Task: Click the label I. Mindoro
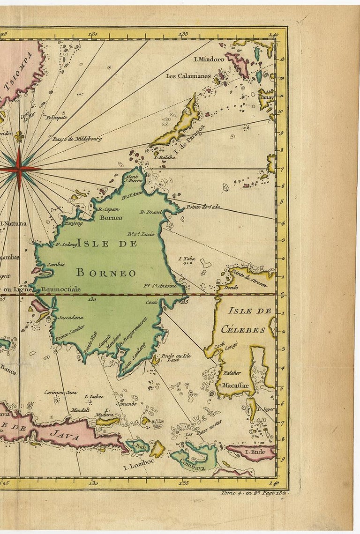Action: click(x=209, y=59)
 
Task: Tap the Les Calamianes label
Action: click(x=187, y=76)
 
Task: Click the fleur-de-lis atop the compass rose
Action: click(x=19, y=136)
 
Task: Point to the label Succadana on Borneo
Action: click(x=70, y=317)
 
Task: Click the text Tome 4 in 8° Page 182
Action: click(x=254, y=492)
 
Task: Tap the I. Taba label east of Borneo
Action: click(x=186, y=258)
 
